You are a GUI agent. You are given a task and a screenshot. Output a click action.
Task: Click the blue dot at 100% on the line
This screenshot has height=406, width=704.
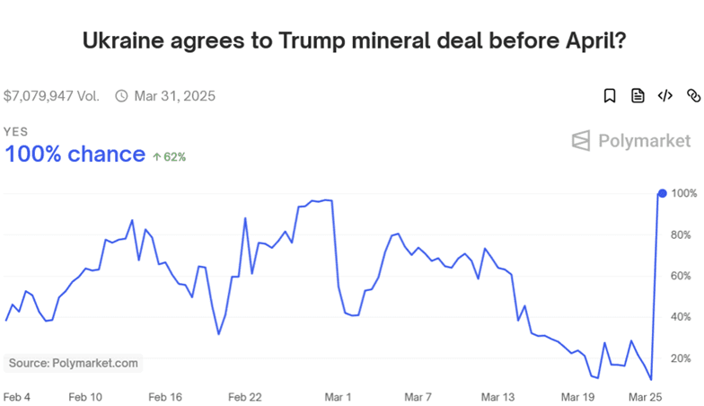[x=663, y=194]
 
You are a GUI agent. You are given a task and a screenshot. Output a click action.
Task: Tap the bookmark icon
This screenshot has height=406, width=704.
[x=609, y=95]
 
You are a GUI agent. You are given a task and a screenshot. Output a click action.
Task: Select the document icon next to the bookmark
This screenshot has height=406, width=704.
[x=638, y=95]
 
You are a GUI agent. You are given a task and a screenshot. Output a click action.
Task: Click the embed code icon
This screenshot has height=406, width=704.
[x=664, y=95]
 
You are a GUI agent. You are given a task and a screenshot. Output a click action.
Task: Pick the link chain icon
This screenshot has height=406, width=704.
[x=693, y=95]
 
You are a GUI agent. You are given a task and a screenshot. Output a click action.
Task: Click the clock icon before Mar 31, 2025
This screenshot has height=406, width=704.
[x=121, y=95]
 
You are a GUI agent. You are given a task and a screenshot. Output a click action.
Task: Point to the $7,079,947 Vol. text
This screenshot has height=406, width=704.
[x=51, y=96]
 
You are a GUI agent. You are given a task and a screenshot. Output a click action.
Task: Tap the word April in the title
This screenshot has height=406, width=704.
[x=590, y=41]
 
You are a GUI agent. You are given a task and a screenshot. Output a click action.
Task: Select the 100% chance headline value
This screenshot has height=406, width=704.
[x=75, y=154]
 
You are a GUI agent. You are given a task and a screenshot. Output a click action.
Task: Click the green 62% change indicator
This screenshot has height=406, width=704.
[x=169, y=156]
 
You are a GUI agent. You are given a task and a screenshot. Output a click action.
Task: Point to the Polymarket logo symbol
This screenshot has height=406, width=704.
[x=580, y=140]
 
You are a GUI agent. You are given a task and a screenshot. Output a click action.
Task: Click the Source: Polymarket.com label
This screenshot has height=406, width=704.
[x=74, y=363]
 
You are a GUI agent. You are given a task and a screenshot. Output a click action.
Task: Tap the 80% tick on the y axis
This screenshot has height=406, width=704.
[x=681, y=235]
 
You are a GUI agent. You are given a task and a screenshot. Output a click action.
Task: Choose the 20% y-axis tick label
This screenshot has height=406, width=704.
[x=681, y=358]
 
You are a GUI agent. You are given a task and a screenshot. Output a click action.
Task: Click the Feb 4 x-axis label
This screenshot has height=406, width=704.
[x=16, y=397]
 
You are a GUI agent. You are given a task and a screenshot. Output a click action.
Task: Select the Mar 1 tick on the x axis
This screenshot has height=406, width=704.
[x=338, y=397]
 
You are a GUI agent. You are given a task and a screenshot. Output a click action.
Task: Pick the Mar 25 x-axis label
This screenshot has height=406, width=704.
[x=645, y=397]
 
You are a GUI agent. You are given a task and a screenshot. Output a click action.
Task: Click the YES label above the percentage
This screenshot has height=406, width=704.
[x=15, y=131]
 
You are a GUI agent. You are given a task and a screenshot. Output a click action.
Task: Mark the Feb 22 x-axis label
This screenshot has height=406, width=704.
[x=244, y=397]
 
